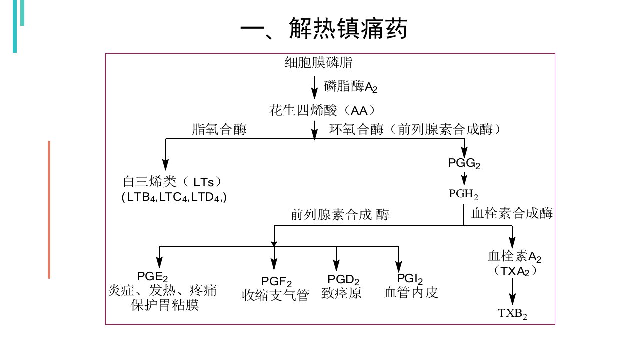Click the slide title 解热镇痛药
tap(348, 28)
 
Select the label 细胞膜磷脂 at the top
tap(318, 62)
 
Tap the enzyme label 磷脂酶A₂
tap(351, 86)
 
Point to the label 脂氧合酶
tap(219, 129)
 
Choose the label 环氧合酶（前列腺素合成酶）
tap(415, 129)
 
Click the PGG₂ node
tap(464, 163)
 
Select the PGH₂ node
tap(463, 194)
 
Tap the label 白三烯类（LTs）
tap(172, 182)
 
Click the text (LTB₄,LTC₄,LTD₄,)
tap(174, 197)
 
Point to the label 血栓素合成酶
tap(512, 213)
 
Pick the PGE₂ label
tap(152, 276)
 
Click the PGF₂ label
tap(276, 281)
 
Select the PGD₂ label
tap(343, 279)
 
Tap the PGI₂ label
tap(410, 278)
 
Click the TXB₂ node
tap(513, 313)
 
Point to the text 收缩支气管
tap(275, 295)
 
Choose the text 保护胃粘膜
tap(165, 305)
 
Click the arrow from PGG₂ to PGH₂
tap(464, 178)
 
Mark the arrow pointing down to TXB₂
tap(513, 291)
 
